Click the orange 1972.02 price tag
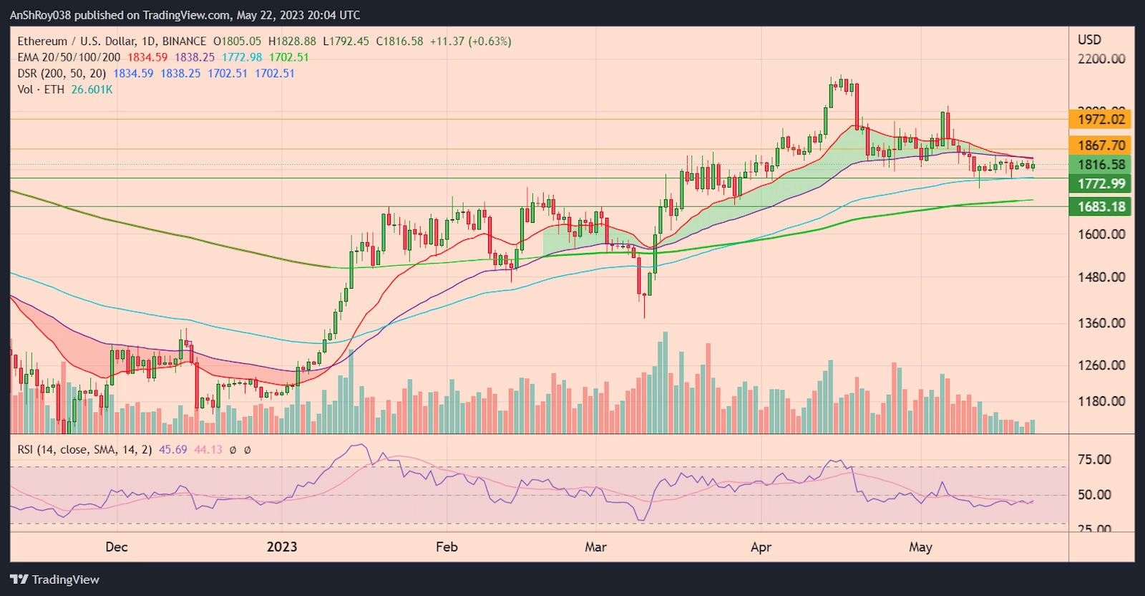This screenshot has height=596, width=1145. (x=1101, y=120)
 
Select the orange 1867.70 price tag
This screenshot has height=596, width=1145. (x=1101, y=145)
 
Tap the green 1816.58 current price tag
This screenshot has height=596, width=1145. (x=1101, y=165)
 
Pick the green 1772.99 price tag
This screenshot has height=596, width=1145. (x=1101, y=184)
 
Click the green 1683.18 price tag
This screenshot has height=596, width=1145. (x=1101, y=207)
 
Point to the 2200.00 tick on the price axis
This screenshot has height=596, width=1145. (x=1101, y=59)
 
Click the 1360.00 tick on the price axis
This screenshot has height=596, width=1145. (x=1101, y=323)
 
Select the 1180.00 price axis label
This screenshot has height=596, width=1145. (x=1101, y=401)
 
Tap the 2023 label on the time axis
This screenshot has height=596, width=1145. (x=282, y=547)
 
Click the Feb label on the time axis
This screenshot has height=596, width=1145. (x=447, y=547)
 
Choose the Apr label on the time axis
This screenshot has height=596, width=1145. (x=761, y=547)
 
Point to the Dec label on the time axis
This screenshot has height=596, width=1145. (x=116, y=547)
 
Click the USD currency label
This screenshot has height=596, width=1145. (x=1089, y=40)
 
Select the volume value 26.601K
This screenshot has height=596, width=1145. (x=92, y=90)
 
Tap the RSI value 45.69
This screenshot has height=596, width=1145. (x=172, y=450)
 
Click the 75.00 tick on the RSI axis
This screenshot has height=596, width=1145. (x=1094, y=460)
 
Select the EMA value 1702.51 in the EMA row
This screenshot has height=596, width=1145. (x=288, y=57)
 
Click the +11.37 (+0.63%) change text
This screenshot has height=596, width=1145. (x=470, y=42)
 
